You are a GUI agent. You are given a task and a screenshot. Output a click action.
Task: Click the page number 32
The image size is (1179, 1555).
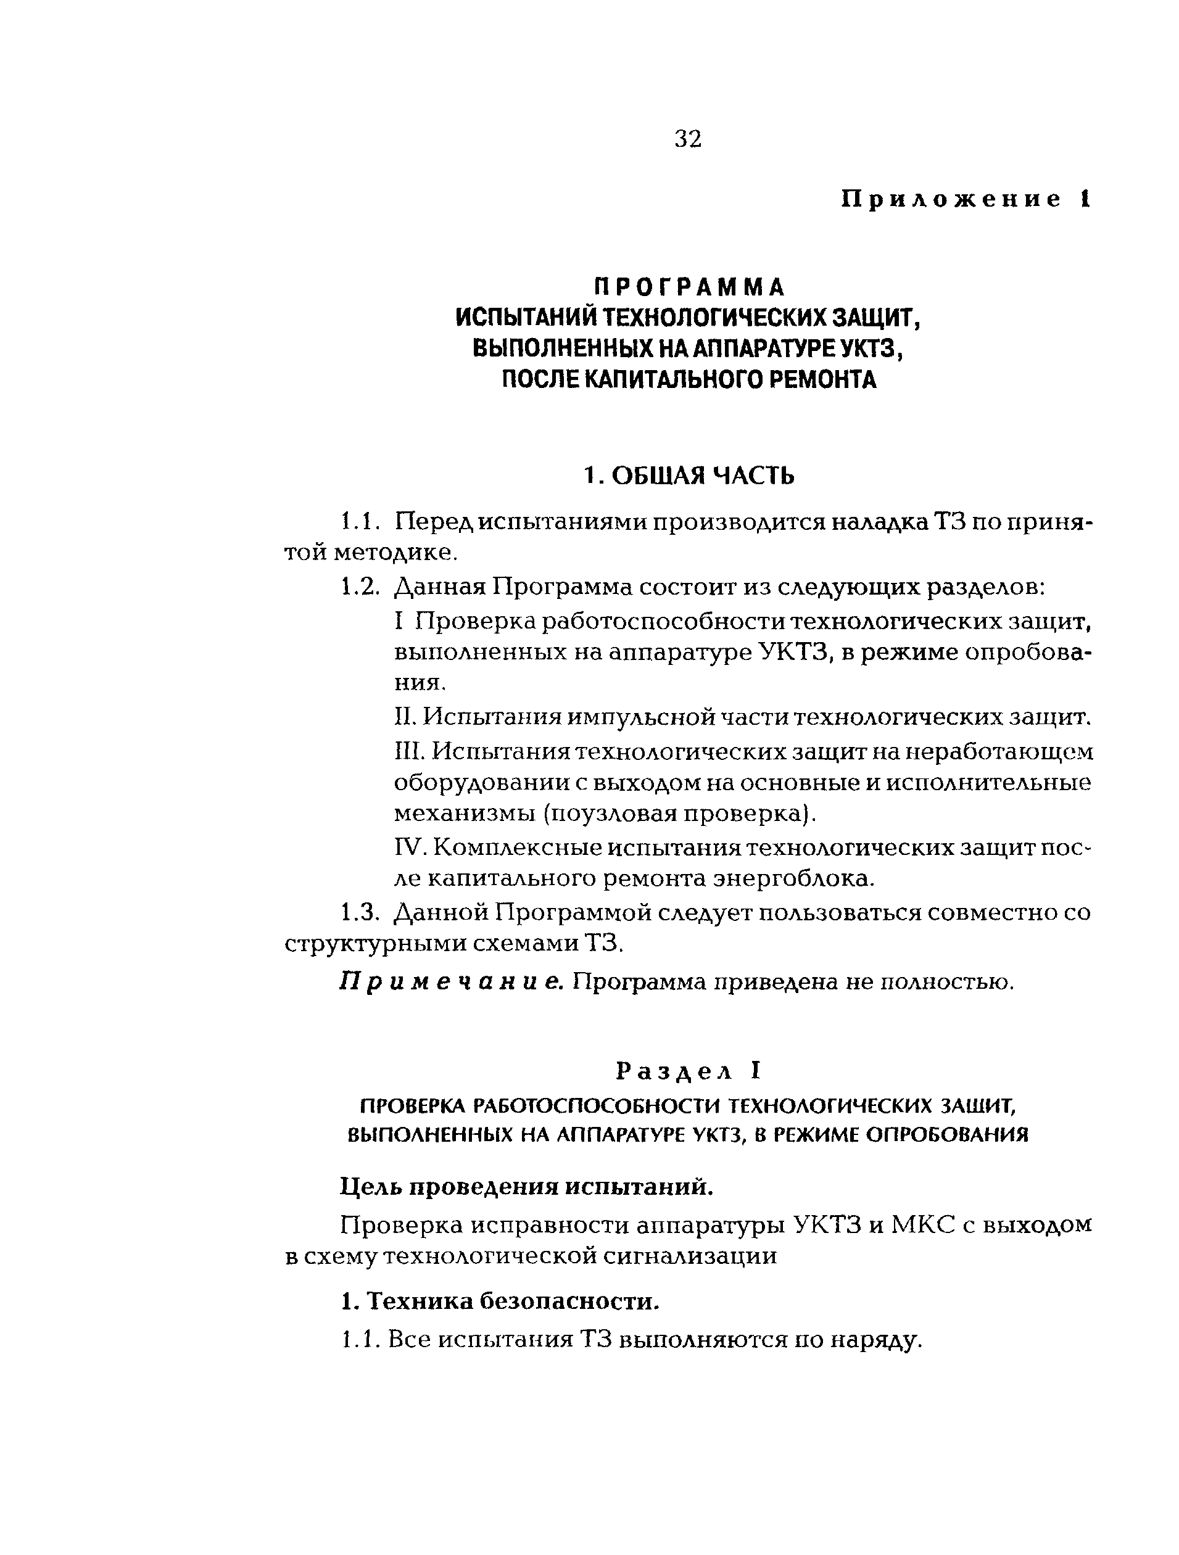pos(687,139)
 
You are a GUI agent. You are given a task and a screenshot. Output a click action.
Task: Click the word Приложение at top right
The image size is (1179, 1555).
pos(951,200)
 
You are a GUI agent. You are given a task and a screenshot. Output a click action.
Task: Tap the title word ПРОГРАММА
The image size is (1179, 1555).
pos(689,287)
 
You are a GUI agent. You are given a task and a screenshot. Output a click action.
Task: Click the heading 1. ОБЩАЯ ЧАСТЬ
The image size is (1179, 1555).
pos(689,476)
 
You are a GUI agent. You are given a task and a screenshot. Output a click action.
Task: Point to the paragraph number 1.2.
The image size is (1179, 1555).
pos(360,587)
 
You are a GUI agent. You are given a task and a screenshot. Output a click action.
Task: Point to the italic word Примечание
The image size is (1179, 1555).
pos(452,981)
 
